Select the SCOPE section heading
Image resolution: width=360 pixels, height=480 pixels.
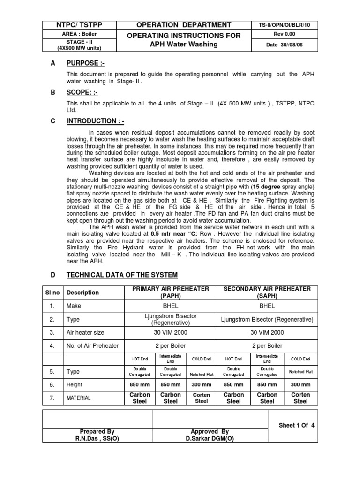81,93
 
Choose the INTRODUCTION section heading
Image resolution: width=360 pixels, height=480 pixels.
91,121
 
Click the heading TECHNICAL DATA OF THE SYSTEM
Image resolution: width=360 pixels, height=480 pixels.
122,275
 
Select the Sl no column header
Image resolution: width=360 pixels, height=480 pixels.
53,292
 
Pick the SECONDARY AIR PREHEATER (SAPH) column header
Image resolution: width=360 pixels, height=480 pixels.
267,292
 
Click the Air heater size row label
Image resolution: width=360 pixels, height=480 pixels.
86,332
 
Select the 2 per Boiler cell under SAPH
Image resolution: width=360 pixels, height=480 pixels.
267,346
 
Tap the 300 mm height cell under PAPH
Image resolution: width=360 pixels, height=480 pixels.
201,384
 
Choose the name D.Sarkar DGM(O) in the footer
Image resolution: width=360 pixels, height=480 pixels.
210,438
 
